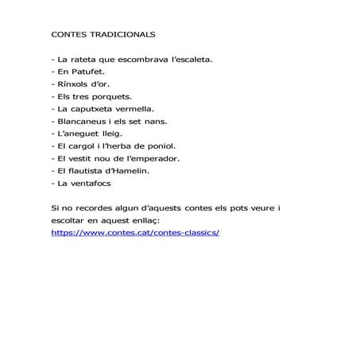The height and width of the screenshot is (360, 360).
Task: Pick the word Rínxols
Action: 76,83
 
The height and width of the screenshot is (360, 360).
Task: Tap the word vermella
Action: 140,108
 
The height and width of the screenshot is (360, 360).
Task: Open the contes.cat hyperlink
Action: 134,232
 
